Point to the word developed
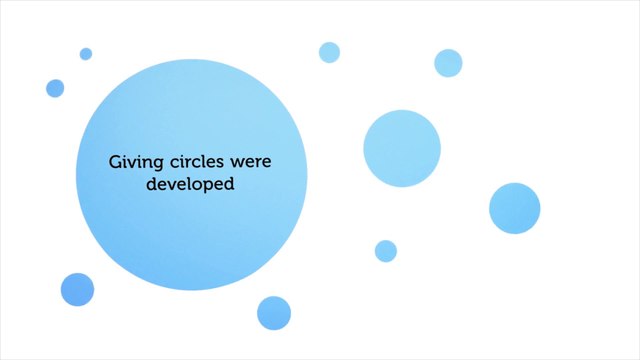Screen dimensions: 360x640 (190, 185)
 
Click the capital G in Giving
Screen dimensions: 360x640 (114, 160)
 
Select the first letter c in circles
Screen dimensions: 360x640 (165, 161)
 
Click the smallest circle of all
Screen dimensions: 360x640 (86, 54)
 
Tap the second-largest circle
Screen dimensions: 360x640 (402, 149)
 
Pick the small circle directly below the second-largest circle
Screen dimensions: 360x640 (386, 250)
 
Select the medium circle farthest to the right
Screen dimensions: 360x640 (514, 208)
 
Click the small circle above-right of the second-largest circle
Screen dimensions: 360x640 (448, 62)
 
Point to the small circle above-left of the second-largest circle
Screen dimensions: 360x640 (329, 52)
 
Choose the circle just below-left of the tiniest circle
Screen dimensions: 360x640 (55, 88)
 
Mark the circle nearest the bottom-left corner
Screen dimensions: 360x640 (77, 289)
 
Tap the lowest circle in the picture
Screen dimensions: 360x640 (273, 312)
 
